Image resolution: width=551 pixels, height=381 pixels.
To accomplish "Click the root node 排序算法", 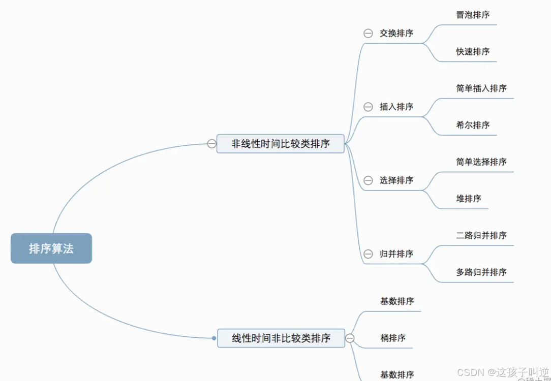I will pos(51,248).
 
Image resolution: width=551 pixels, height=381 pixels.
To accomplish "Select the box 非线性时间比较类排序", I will pos(281,144).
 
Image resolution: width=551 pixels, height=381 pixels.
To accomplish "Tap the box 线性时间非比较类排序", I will pos(281,338).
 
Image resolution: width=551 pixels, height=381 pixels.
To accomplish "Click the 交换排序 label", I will pos(396,34).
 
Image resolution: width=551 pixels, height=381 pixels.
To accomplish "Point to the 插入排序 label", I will pos(396,107).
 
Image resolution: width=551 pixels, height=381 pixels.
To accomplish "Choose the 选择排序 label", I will pos(396,180).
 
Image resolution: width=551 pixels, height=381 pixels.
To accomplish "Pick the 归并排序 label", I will pos(396,254).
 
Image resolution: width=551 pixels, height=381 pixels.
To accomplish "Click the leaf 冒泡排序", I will pos(473,15).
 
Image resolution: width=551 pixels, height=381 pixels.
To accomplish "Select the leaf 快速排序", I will pos(473,52).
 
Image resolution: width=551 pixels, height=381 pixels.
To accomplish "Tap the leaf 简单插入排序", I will pos(481,88).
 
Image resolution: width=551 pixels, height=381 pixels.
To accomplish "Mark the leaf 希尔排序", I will pos(473,125).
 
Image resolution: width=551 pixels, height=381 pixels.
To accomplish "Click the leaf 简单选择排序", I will pos(481,162).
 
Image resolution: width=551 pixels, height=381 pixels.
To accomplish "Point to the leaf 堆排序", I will pos(469,199).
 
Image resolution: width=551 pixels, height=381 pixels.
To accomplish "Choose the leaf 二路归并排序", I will pos(481,235).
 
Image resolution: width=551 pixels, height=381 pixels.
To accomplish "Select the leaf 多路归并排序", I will pos(481,272).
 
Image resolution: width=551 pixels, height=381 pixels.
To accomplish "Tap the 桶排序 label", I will pos(393,338).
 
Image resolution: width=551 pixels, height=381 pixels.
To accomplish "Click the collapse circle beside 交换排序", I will pos(368,34).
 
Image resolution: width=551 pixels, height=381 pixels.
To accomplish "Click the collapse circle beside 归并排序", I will pos(368,254).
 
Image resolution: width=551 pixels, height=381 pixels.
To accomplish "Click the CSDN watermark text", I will pos(502,372).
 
